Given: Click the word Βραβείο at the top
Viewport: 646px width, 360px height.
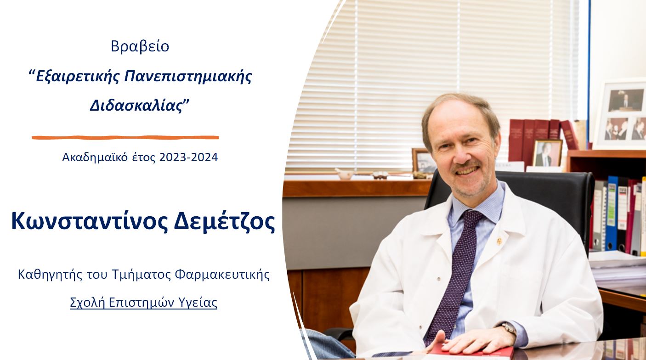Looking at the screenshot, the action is click(140, 46).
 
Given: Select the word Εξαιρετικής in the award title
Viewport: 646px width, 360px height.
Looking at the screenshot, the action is click(77, 77).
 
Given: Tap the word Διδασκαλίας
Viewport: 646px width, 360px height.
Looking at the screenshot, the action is click(136, 106).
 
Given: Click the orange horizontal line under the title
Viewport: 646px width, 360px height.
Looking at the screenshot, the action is click(125, 137).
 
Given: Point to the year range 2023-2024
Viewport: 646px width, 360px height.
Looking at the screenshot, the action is click(188, 157).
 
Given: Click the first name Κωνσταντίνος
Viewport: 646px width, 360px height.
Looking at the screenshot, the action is click(90, 221).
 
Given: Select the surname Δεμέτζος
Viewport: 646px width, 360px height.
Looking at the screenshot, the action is click(224, 221).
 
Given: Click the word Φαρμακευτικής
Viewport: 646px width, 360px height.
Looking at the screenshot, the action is click(222, 275).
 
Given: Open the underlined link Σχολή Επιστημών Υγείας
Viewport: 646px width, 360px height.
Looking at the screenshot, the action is click(144, 303).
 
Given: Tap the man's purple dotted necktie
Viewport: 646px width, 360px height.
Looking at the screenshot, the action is click(456, 274).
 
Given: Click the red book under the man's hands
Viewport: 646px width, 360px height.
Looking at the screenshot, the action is click(473, 352).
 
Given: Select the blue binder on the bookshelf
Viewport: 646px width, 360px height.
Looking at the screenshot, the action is click(612, 213).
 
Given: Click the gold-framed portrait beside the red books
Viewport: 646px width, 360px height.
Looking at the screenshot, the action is click(547, 153).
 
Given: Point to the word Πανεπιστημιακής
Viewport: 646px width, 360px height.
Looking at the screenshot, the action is click(188, 77).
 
